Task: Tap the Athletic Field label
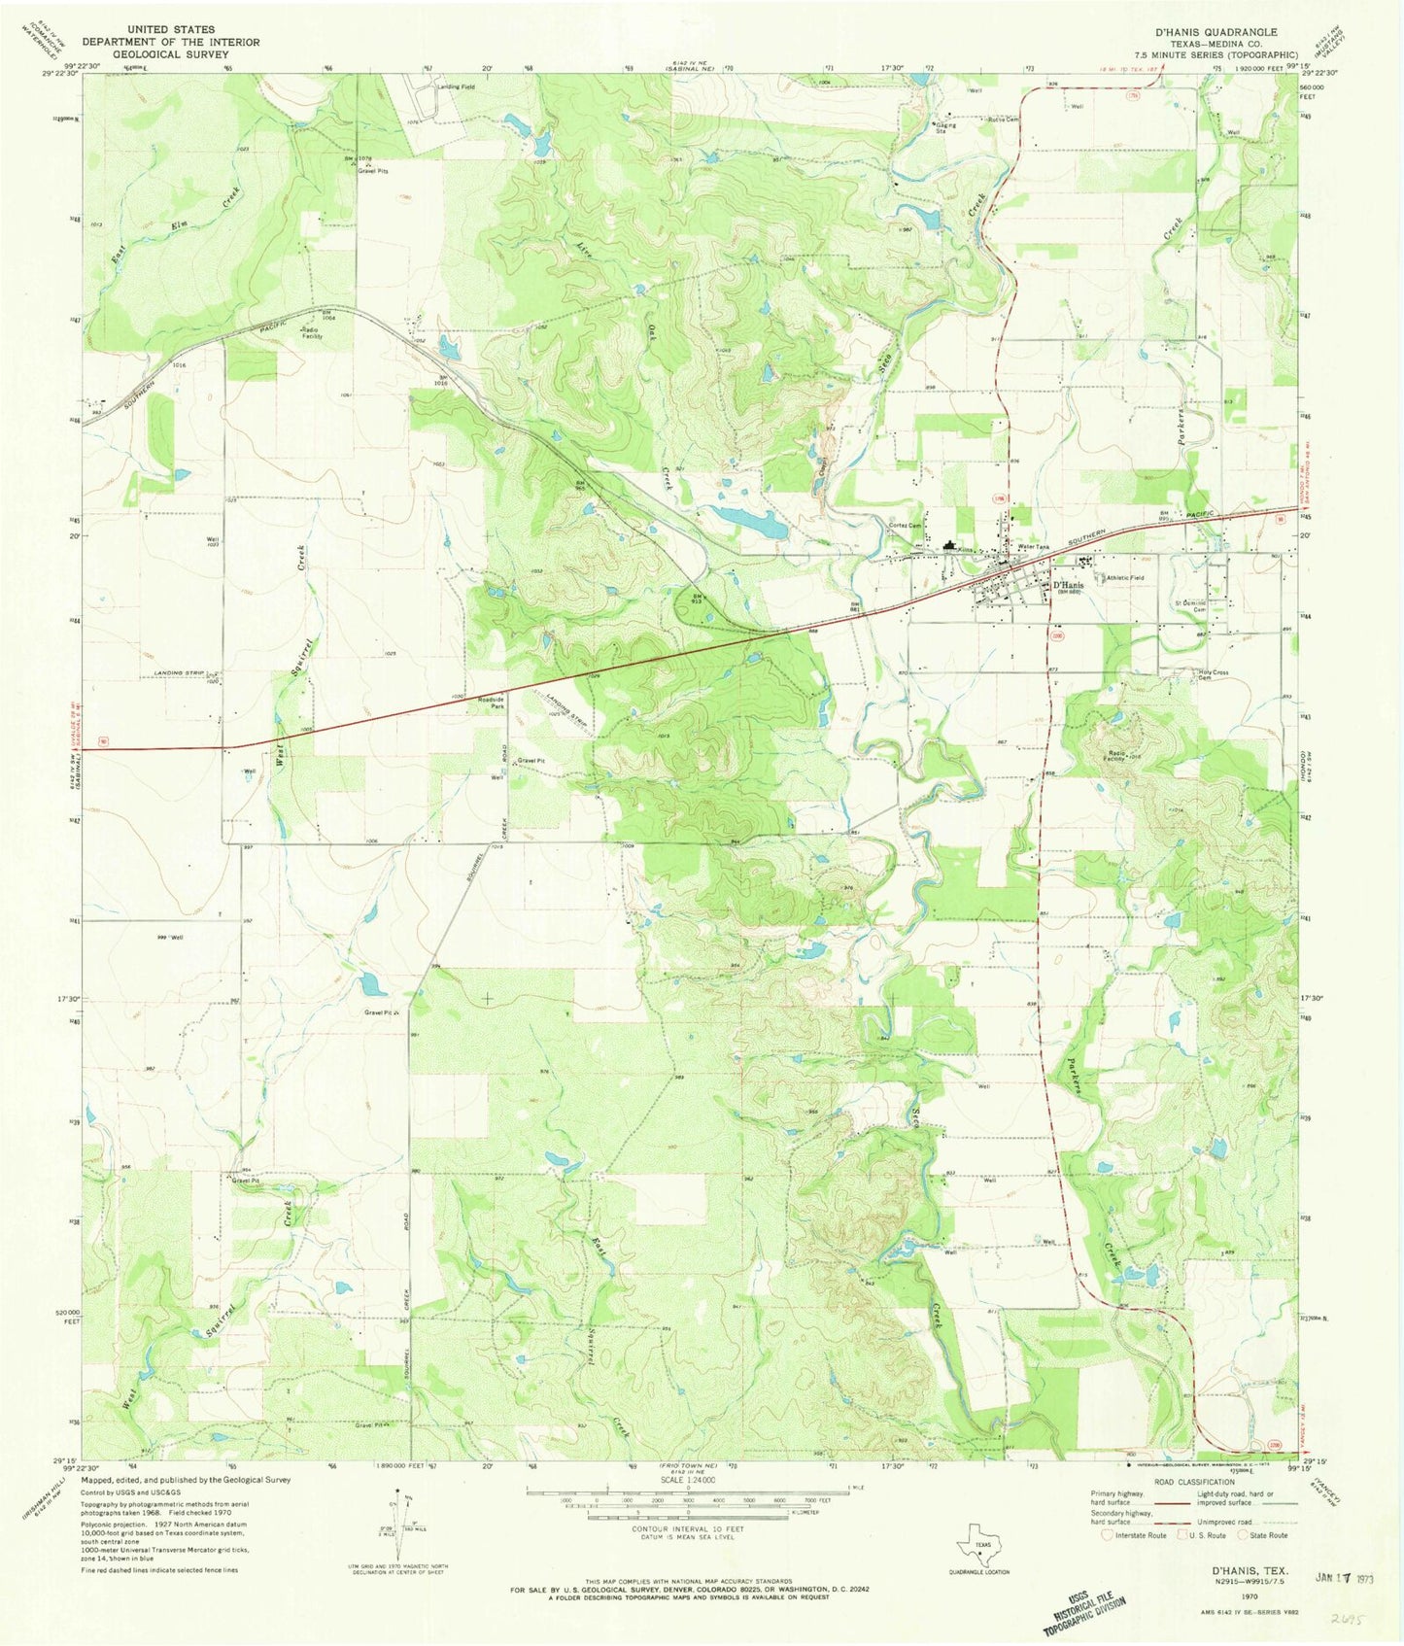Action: [1123, 578]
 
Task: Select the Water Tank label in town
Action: [1033, 547]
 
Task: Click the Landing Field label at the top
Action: [456, 87]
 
